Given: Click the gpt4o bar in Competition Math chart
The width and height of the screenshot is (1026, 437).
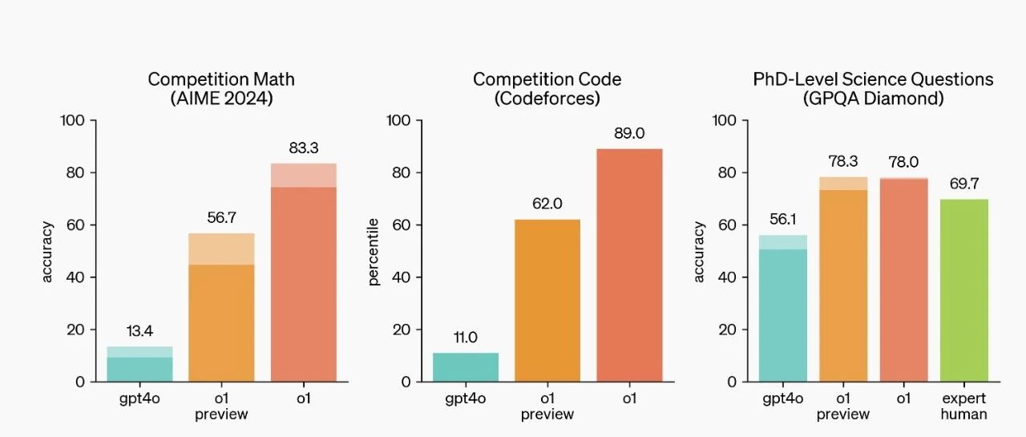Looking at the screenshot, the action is pos(139,364).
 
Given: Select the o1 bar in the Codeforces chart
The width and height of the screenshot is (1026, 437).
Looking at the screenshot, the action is pos(629,265).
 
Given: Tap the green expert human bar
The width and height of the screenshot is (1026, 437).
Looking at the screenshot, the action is pos(964,290).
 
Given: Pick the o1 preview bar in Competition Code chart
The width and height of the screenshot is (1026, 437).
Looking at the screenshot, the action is pos(547,301).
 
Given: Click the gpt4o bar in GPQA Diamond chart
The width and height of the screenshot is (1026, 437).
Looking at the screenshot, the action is pos(783,308).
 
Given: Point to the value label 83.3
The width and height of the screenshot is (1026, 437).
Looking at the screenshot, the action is pos(304,148).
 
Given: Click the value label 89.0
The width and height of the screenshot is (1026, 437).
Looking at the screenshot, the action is pos(629,133).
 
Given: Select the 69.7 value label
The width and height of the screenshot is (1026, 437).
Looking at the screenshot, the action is pos(964,184).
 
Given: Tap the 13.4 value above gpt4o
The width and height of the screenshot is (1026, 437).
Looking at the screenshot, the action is pos(139,330).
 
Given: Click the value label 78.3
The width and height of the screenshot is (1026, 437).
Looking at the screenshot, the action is pos(843,161).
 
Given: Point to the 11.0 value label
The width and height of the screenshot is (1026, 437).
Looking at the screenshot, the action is pos(466,338).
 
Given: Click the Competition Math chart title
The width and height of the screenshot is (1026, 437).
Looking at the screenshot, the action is pos(221,89).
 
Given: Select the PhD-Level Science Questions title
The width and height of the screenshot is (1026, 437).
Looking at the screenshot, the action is pos(873,79).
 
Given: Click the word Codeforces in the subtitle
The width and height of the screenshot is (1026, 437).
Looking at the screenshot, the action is pos(547,99).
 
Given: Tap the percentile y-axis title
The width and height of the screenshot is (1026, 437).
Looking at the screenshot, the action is pos(374,252).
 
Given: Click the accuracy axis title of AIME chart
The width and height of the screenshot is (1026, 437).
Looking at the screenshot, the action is pos(47,252).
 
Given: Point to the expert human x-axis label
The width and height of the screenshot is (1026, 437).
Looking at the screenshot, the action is pos(964,407).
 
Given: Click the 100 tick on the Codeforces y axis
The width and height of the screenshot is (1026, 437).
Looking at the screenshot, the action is pos(398,120).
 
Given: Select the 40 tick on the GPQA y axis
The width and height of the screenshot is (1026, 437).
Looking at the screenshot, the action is pos(727,277).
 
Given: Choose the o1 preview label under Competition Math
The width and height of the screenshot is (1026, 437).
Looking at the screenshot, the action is pos(221,407).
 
